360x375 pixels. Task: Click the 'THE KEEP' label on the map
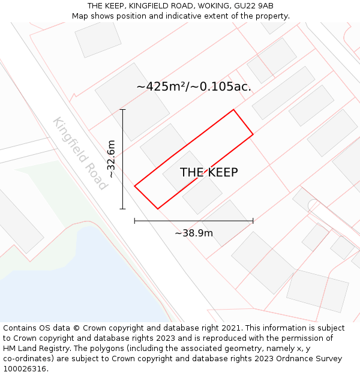point(209,173)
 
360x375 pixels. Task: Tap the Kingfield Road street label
point(79,154)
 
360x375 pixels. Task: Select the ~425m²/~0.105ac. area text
point(194,87)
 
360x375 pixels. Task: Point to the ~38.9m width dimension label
point(194,233)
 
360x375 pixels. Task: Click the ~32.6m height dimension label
point(111,158)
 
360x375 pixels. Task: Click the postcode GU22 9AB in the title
point(254,6)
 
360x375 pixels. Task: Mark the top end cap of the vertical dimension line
point(123,110)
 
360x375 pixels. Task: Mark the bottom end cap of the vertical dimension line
point(123,209)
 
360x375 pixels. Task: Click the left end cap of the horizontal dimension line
point(134,221)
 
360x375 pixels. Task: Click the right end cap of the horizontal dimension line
point(253,221)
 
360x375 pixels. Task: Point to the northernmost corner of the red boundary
point(233,110)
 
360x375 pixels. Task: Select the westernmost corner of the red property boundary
point(134,186)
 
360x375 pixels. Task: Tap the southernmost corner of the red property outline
point(158,209)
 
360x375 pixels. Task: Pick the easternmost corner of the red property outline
point(253,134)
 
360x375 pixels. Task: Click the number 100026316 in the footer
point(24,369)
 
